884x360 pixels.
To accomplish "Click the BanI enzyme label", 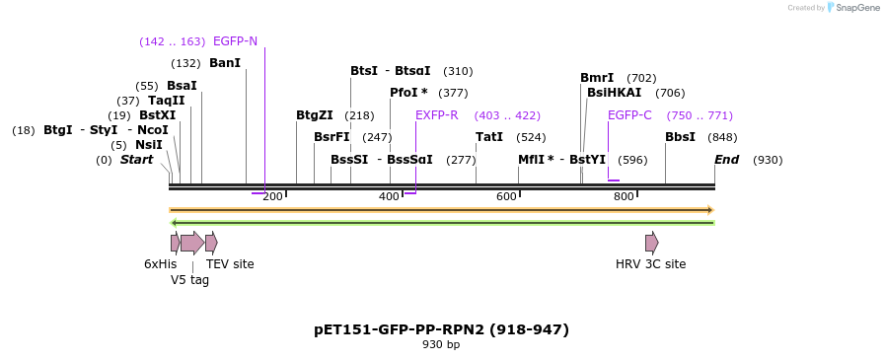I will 225,63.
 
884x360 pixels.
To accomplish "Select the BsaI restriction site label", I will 182,86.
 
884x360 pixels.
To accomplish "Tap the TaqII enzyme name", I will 166,101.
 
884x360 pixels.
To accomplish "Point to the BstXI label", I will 157,115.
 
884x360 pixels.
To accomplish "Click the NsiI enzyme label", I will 149,145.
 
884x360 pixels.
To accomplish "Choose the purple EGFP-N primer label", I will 235,41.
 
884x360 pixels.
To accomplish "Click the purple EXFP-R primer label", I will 436,115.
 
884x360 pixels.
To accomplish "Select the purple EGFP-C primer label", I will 629,115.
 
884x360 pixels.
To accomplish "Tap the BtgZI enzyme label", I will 315,115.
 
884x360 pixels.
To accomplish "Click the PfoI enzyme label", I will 408,93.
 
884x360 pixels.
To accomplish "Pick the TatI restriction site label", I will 489,137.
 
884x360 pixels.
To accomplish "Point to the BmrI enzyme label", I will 597,78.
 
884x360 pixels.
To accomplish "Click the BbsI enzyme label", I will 680,137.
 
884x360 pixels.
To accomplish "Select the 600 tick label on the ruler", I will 506,197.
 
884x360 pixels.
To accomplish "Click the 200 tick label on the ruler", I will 273,197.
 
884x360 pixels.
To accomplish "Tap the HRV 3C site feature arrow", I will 651,243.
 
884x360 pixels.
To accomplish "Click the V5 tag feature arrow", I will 192,243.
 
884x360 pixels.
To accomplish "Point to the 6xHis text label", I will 161,264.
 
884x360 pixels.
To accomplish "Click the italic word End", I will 727,160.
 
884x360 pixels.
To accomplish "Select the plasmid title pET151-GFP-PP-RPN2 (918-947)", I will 441,329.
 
